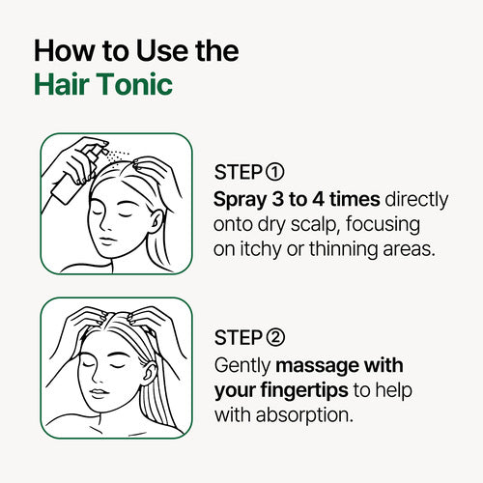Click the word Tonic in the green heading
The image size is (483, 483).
134,84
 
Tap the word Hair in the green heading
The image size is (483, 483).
62,84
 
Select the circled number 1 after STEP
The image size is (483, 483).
275,172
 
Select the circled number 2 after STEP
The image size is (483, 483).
275,337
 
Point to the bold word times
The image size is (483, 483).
355,199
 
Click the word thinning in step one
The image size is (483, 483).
343,249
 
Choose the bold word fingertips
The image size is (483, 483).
304,391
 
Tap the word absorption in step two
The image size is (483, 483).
304,415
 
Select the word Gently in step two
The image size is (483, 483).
242,366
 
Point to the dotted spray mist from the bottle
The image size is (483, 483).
118,156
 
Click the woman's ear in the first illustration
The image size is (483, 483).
156,221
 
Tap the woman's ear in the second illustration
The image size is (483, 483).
149,374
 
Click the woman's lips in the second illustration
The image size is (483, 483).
99,393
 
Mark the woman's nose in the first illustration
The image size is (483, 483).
104,224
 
